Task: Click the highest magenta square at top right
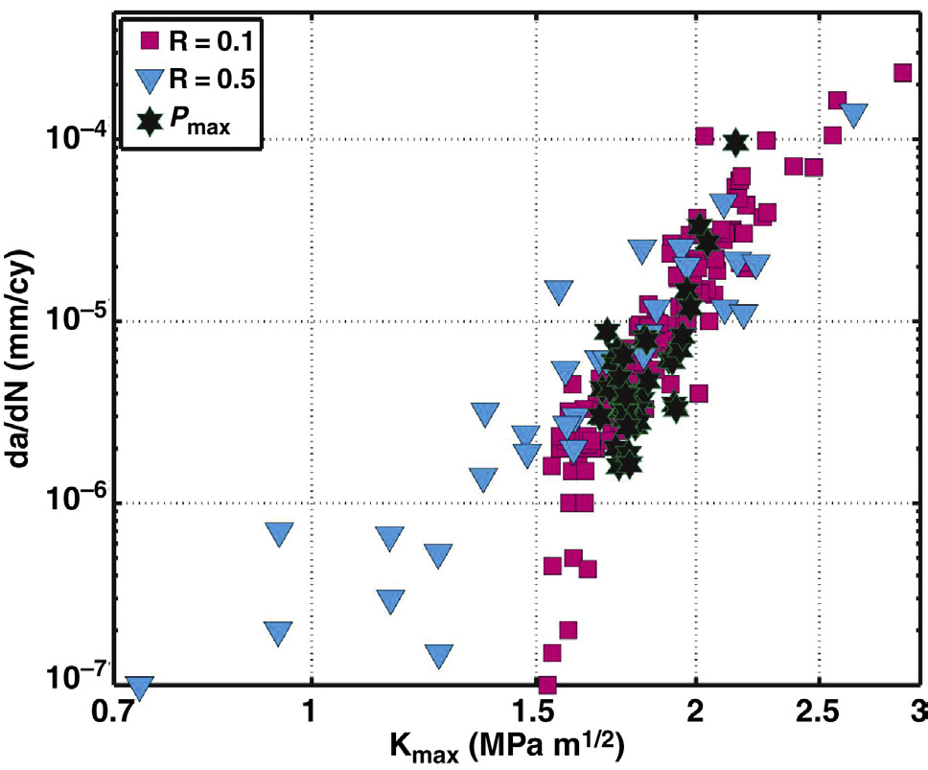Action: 902,72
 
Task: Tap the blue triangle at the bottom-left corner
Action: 140,688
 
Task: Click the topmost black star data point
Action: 735,142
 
